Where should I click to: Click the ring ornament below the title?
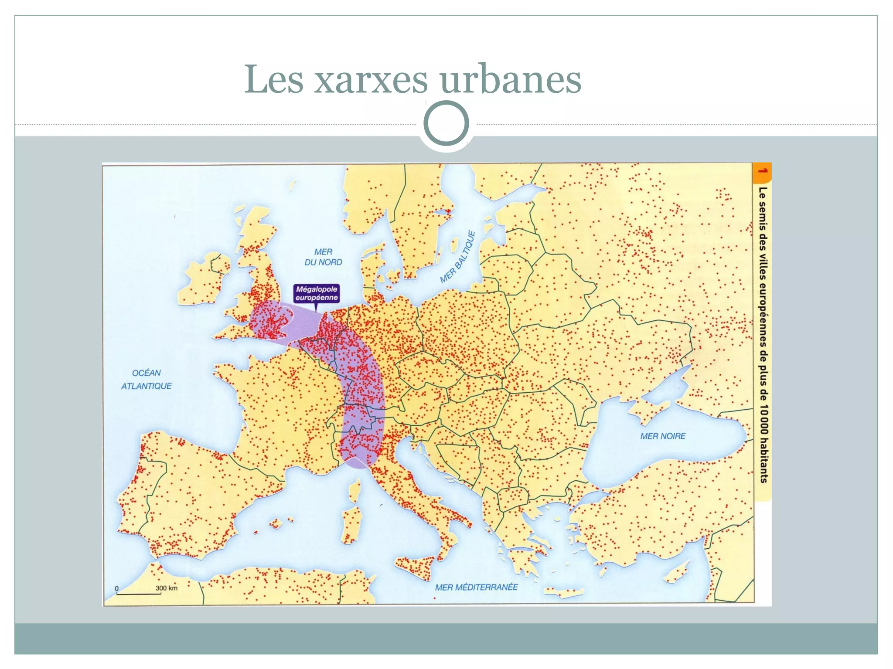click(446, 123)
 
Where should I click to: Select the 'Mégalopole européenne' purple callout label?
click(317, 293)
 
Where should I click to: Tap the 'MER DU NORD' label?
click(323, 257)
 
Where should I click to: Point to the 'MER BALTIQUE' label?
click(457, 257)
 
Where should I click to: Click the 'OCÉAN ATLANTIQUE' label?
click(147, 379)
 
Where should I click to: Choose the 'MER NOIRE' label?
click(663, 436)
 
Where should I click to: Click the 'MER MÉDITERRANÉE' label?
click(476, 587)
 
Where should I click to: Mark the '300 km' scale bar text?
click(167, 588)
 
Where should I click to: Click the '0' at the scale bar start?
click(116, 588)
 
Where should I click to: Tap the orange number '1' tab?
click(762, 171)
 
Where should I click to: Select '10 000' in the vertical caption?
click(763, 419)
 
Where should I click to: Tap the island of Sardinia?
click(351, 523)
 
